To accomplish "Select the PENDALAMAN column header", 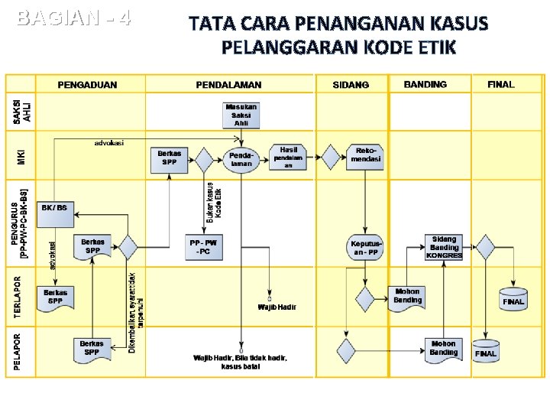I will click(229, 85).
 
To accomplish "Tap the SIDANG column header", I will click(351, 85).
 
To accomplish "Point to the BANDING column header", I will click(426, 84).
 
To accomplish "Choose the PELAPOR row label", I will click(18, 350).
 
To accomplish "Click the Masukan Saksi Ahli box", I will click(241, 115).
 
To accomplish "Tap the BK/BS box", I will click(53, 207).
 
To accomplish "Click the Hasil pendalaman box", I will click(289, 156).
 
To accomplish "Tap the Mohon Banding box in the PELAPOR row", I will click(444, 349).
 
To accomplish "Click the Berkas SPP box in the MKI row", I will click(170, 158).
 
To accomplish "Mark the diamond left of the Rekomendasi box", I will click(331, 158).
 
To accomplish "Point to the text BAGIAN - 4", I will click(73, 17).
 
